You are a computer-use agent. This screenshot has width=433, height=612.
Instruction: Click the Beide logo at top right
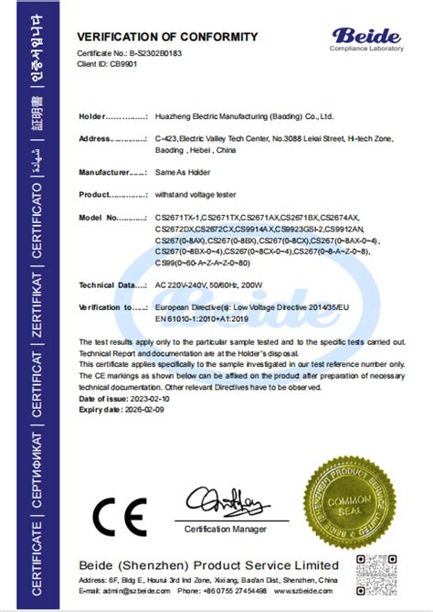click(366, 38)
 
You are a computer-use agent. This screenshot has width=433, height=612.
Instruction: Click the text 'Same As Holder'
click(183, 172)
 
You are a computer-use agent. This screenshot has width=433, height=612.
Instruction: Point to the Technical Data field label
click(113, 285)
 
